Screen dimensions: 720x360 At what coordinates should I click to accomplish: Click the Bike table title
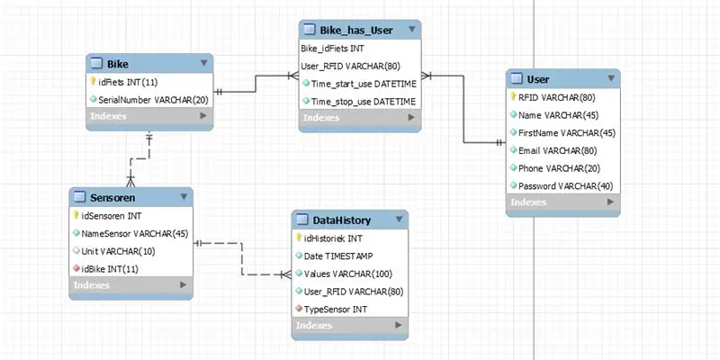click(x=118, y=63)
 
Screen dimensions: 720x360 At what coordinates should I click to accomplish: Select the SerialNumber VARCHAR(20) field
click(x=153, y=100)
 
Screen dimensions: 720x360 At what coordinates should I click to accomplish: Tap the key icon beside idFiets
click(x=93, y=82)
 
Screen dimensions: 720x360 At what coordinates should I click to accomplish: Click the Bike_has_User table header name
click(x=356, y=31)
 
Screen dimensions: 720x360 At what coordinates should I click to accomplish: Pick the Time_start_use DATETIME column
click(x=364, y=84)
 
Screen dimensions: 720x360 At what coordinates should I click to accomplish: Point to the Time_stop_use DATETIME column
click(x=364, y=102)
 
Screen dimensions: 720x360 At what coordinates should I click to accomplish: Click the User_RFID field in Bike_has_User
click(x=351, y=66)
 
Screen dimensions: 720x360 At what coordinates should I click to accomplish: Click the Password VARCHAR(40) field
click(x=566, y=186)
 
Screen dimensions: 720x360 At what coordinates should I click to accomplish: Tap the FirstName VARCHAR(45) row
click(x=567, y=132)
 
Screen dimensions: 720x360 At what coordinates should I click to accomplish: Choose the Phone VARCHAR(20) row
click(x=559, y=168)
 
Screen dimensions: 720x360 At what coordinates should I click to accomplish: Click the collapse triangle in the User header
click(x=611, y=78)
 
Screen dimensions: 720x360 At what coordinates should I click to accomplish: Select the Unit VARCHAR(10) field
click(x=118, y=251)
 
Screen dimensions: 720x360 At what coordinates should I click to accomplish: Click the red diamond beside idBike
click(x=76, y=268)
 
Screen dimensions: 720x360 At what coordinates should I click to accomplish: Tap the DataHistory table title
click(x=342, y=220)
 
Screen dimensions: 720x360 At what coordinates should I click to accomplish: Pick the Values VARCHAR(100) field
click(x=348, y=274)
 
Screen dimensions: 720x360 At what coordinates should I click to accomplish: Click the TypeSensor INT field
click(x=335, y=310)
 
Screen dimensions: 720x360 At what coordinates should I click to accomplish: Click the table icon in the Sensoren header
click(x=80, y=197)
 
